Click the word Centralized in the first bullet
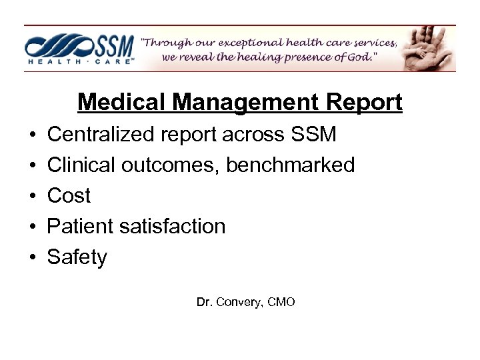[x=101, y=135]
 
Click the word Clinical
[x=79, y=165]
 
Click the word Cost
[x=69, y=195]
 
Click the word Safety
[x=77, y=257]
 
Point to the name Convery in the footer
[x=237, y=302]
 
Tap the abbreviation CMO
[x=280, y=302]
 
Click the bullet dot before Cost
[x=31, y=196]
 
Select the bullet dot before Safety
[x=31, y=257]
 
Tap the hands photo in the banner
[x=430, y=48]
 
